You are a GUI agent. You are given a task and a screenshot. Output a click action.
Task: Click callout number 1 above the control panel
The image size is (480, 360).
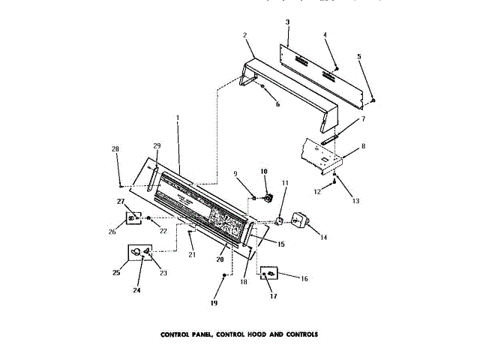[177, 118]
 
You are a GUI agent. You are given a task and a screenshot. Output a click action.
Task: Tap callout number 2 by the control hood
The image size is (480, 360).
[244, 34]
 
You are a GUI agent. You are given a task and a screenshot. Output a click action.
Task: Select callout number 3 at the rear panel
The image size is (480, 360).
[286, 23]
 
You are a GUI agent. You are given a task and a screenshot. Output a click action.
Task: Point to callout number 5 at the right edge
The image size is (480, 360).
[358, 56]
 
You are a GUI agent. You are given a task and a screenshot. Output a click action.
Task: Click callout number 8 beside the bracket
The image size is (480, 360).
[364, 146]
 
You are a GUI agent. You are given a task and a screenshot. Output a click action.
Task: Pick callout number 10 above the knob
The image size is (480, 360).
[264, 171]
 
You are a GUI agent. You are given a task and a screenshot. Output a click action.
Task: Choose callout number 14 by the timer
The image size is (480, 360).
[324, 238]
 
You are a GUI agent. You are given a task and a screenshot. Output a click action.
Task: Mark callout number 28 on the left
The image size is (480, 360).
[115, 149]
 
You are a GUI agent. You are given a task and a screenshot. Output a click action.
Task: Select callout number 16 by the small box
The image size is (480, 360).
[304, 278]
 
